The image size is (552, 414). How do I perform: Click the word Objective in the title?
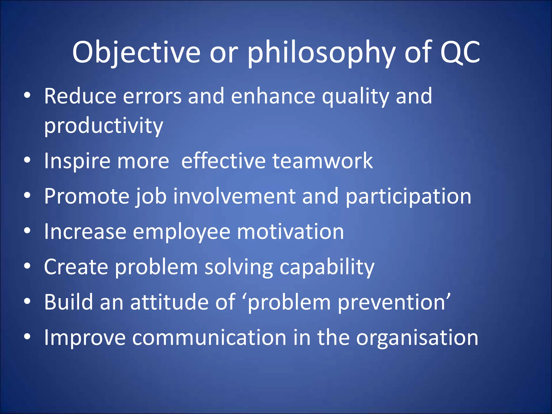(136, 53)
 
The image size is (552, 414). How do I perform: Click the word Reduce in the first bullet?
(80, 96)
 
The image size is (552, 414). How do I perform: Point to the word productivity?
(103, 126)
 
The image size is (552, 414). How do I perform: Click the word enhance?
(273, 96)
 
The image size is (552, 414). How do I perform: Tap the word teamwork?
(322, 161)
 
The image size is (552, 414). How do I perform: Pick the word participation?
(408, 197)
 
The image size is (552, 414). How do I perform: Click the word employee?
(181, 232)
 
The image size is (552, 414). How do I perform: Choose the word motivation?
(290, 232)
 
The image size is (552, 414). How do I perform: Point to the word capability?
(327, 267)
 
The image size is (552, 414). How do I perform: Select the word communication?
(209, 337)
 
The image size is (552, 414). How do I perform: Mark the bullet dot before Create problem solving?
(27, 266)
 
